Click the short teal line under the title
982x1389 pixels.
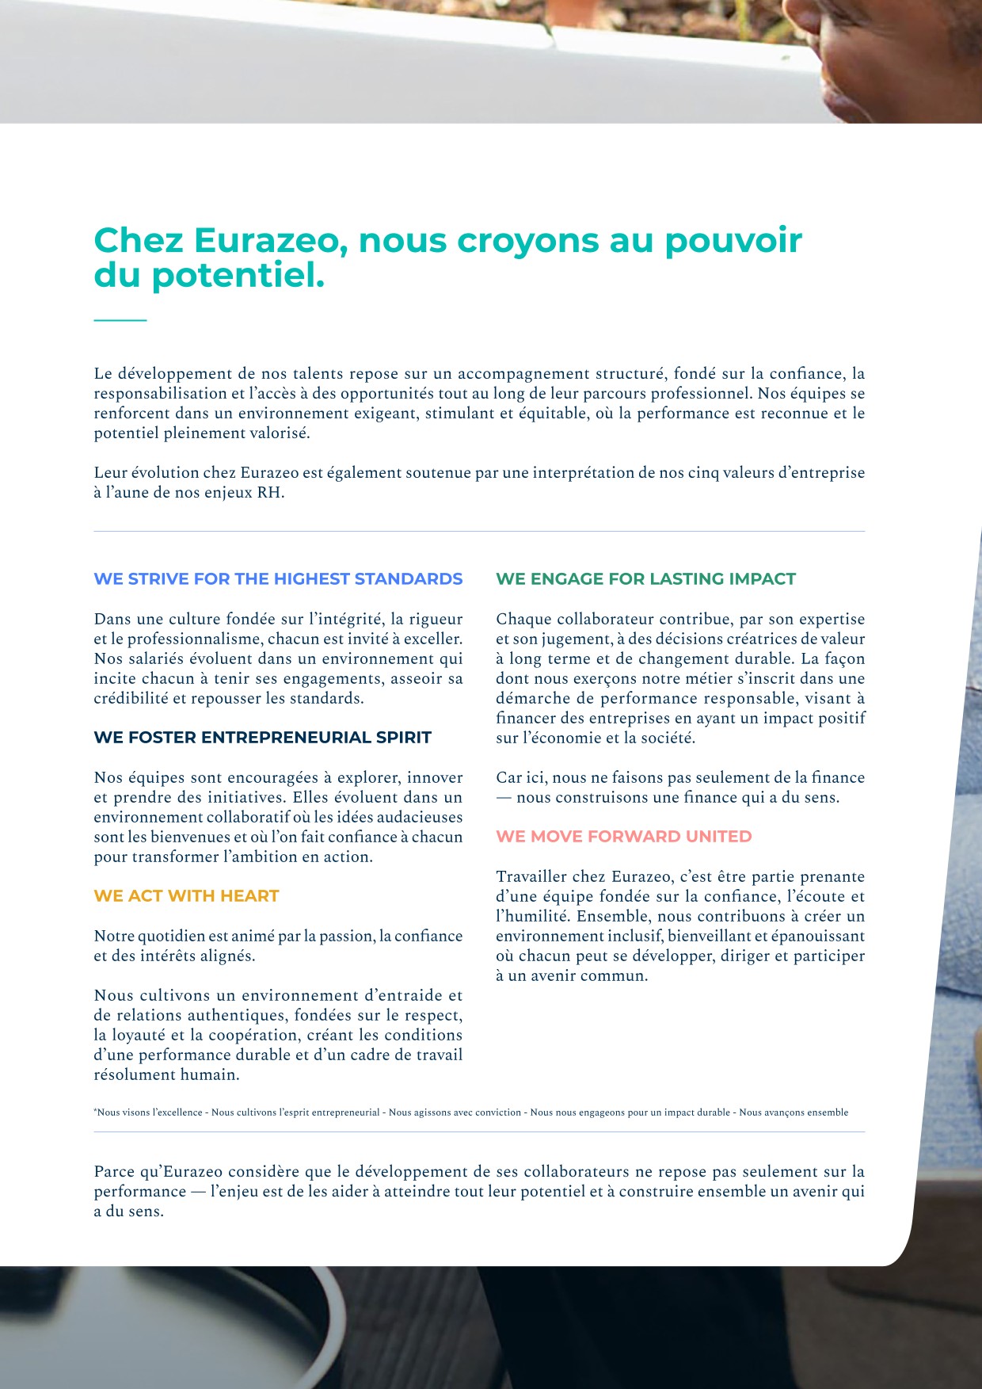(120, 320)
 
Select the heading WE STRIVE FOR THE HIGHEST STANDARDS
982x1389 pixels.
(278, 579)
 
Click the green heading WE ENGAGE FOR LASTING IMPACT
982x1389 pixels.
(645, 579)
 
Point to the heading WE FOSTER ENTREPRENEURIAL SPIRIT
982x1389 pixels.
(262, 738)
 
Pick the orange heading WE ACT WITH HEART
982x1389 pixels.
(186, 896)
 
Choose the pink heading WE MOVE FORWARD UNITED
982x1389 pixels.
(623, 837)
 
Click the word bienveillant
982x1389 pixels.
(706, 937)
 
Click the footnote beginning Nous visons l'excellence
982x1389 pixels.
(470, 1112)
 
